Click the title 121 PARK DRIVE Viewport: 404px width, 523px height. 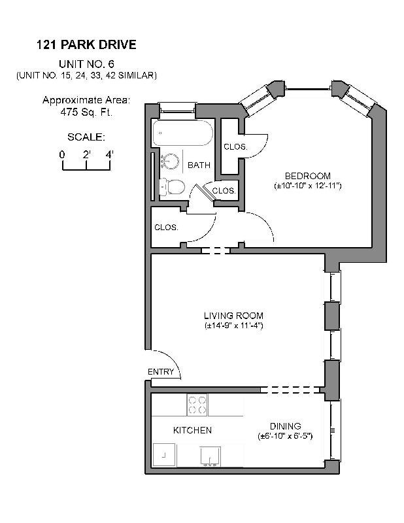tap(86, 46)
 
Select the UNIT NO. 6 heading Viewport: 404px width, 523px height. tap(86, 64)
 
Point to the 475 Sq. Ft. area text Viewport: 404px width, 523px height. tap(86, 111)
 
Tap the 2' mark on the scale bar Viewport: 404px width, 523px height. tap(86, 154)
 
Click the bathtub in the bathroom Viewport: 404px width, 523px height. tap(183, 135)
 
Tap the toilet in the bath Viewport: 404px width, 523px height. tap(172, 187)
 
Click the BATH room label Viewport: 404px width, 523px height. tap(199, 165)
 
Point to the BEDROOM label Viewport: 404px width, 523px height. tap(307, 176)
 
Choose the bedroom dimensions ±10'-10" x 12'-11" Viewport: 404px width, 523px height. tap(307, 186)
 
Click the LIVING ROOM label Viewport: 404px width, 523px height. tap(234, 315)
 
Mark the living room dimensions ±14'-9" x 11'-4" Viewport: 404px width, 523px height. tap(234, 325)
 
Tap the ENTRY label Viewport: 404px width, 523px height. tap(161, 372)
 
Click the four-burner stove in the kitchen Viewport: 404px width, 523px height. tap(197, 405)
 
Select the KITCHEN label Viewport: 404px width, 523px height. tap(192, 430)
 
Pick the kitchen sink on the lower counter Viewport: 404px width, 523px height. tap(210, 455)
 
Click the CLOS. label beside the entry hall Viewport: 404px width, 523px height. tap(166, 228)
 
